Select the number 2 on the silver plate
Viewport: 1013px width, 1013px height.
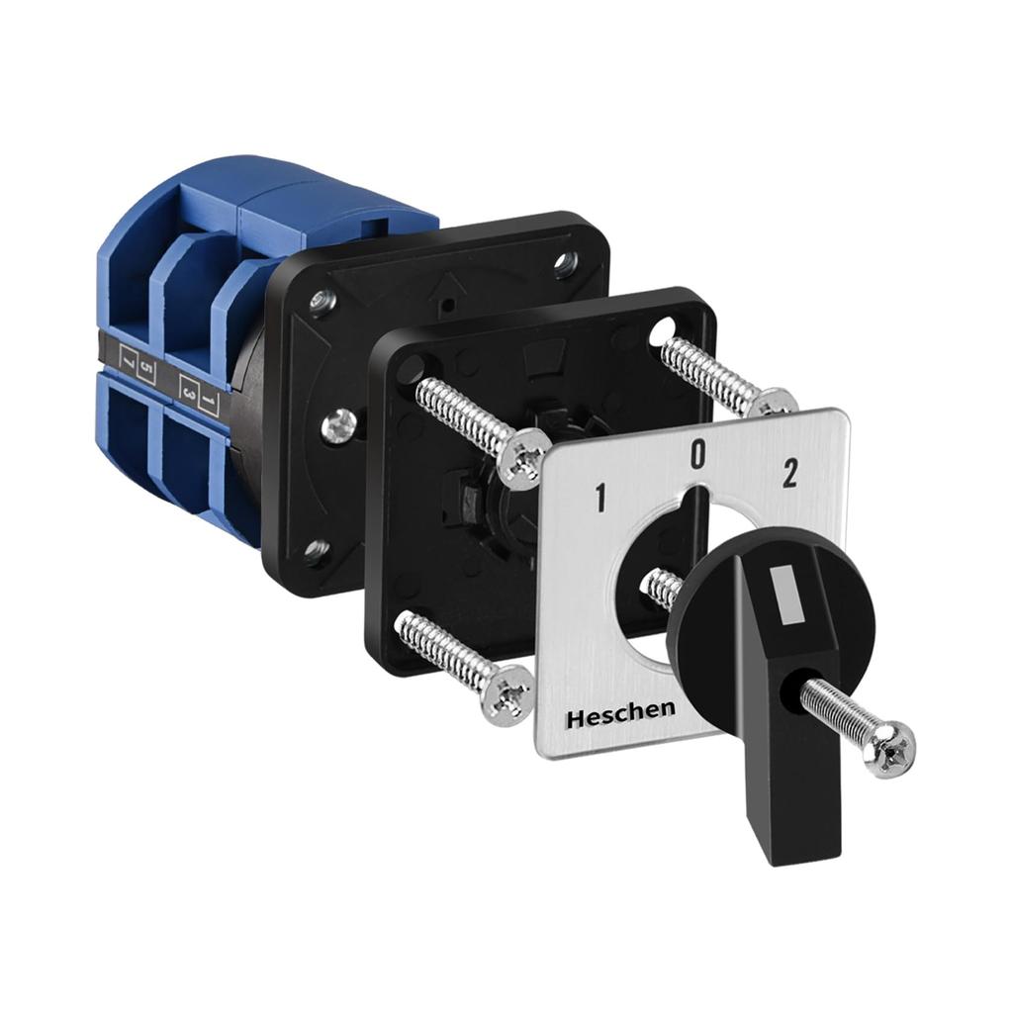pyautogui.click(x=789, y=476)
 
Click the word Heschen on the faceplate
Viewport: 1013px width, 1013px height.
pyautogui.click(x=620, y=714)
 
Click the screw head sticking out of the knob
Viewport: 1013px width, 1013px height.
pyautogui.click(x=887, y=749)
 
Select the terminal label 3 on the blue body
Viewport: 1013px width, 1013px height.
pyautogui.click(x=188, y=392)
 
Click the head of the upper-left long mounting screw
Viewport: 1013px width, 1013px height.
pyautogui.click(x=521, y=457)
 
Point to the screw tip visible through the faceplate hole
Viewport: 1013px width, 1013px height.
pyautogui.click(x=661, y=588)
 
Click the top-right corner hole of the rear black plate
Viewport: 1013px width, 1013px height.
pyautogui.click(x=565, y=263)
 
